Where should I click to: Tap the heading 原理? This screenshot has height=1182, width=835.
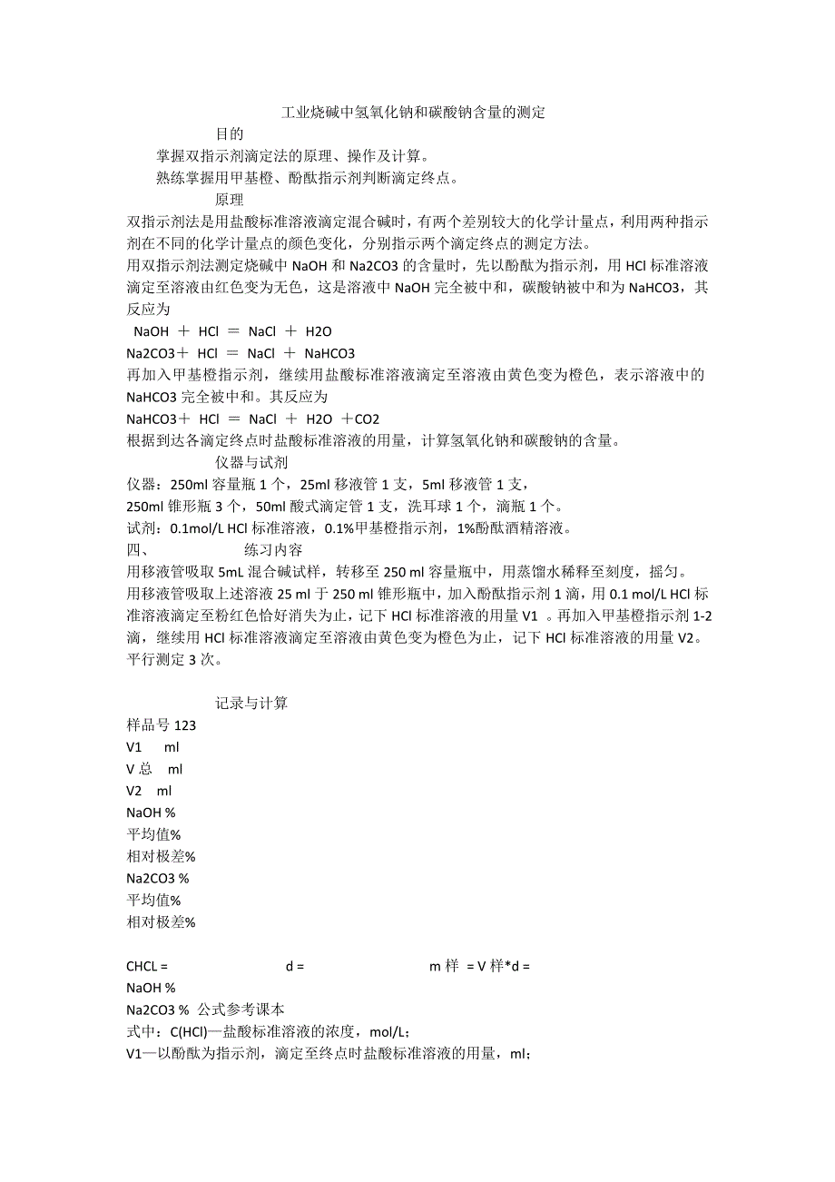tap(229, 200)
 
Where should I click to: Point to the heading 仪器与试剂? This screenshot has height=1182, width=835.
tap(251, 463)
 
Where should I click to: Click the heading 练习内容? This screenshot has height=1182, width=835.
tap(272, 550)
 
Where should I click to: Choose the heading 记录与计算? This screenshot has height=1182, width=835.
tap(251, 704)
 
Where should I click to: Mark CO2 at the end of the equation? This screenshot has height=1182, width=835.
tap(368, 419)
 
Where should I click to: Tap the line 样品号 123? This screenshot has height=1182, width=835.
tap(162, 725)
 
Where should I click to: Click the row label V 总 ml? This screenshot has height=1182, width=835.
tap(154, 769)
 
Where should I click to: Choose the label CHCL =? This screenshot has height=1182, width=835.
tap(147, 966)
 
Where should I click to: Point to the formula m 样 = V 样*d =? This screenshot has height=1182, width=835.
tap(479, 966)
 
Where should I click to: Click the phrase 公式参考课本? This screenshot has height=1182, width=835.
tap(241, 1010)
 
